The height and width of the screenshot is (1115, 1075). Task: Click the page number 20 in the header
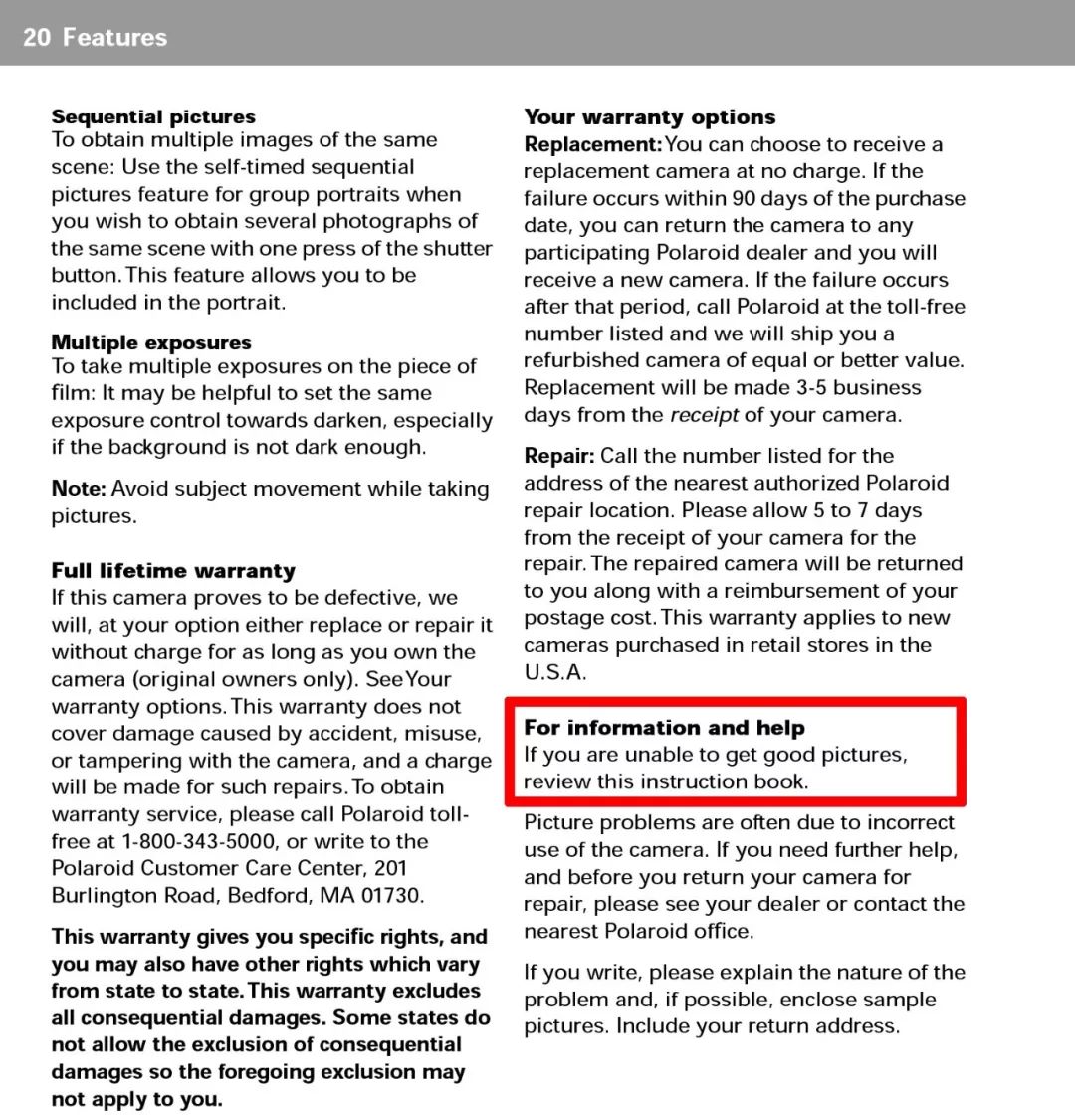click(37, 38)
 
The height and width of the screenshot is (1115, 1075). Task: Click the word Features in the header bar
click(114, 38)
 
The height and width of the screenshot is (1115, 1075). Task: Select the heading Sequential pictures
click(153, 117)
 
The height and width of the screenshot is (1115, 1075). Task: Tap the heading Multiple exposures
click(151, 343)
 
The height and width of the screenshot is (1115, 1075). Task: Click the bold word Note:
click(79, 489)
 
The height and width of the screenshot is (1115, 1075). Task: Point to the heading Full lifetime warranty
click(173, 571)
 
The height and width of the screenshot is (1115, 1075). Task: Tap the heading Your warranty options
click(650, 117)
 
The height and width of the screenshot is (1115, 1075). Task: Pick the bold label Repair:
click(559, 456)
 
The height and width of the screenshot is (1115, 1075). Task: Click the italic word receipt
click(704, 415)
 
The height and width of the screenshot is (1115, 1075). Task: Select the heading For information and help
click(665, 728)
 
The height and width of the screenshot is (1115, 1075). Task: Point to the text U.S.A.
click(555, 672)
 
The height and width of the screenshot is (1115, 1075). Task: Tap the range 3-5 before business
click(803, 388)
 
